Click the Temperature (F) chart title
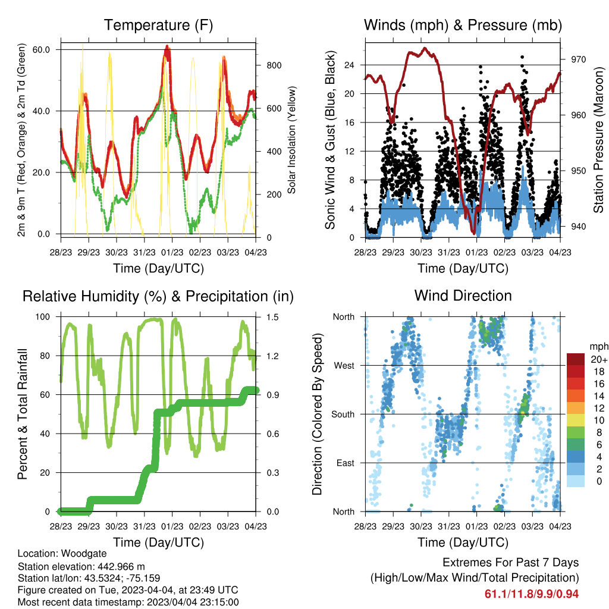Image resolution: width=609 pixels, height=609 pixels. (x=158, y=25)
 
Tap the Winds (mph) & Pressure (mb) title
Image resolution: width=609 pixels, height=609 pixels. (x=463, y=25)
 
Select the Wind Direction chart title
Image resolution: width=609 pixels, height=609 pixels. (x=463, y=296)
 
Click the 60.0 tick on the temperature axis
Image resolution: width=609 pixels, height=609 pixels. (x=42, y=50)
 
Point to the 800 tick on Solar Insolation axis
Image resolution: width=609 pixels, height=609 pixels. (x=274, y=65)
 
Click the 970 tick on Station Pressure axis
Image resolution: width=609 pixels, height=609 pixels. (x=578, y=59)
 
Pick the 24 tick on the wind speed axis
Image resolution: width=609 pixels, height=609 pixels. (x=350, y=65)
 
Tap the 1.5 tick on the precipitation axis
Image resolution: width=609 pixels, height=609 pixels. (x=272, y=317)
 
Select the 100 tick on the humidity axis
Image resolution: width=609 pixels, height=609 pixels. (x=43, y=317)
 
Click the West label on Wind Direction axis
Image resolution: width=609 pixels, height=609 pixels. (x=344, y=366)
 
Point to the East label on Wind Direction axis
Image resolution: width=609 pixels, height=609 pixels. (x=346, y=463)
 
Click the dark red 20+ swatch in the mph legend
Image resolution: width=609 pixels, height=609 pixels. (x=576, y=359)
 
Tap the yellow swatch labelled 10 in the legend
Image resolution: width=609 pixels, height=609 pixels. (x=576, y=420)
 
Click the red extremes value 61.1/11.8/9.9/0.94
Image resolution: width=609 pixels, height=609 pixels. (x=532, y=594)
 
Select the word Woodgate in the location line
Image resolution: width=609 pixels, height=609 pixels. (x=84, y=554)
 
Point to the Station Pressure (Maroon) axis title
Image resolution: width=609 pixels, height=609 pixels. (x=598, y=140)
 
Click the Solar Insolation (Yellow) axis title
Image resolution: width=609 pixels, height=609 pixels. (x=291, y=140)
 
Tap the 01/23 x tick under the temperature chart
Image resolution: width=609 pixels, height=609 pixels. (x=172, y=252)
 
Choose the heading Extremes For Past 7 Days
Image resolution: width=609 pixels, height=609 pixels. (x=511, y=563)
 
